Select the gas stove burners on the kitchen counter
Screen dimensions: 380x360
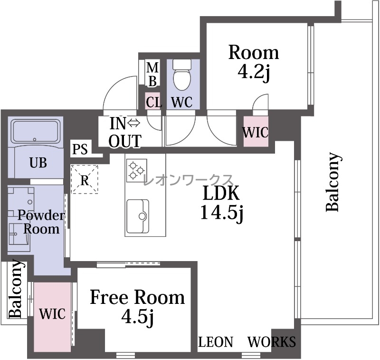tap(136, 170)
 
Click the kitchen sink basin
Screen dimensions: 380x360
tap(138, 216)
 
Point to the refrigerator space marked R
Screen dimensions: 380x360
tap(85, 179)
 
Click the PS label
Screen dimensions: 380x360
tap(80, 149)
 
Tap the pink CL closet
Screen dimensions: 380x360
tap(153, 101)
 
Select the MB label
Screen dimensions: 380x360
tap(152, 75)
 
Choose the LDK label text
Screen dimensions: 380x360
tap(221, 193)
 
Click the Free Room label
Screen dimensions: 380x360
tap(137, 297)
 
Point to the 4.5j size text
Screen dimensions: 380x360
tap(137, 317)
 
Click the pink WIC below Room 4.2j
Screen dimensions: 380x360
tap(256, 131)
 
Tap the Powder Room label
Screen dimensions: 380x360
tap(41, 222)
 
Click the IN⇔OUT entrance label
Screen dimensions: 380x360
tap(125, 133)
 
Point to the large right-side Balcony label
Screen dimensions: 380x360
tap(333, 182)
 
